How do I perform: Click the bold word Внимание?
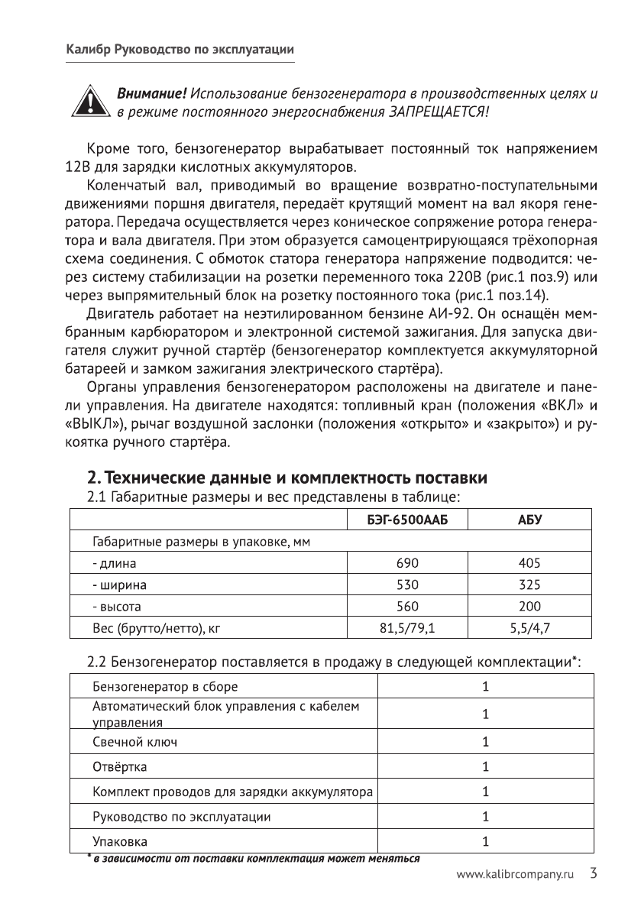point(151,94)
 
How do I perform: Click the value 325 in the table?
point(529,585)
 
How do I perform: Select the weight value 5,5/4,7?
point(529,629)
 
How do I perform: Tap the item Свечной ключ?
point(137,741)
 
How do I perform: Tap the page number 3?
point(593,872)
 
